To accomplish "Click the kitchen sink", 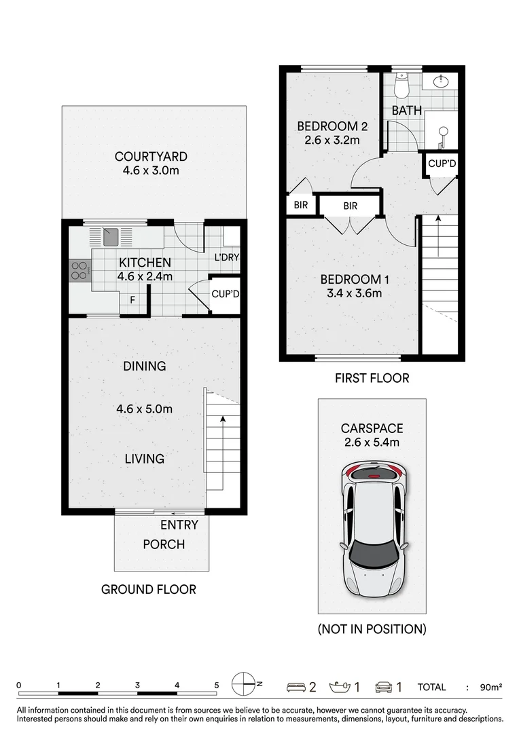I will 110,236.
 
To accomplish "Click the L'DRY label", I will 226,257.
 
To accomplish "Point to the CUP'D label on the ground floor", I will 225,295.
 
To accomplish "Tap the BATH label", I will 407,110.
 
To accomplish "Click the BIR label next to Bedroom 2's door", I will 300,206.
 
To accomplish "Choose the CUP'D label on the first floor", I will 442,164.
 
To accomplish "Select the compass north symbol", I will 243,684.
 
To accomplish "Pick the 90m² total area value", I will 490,688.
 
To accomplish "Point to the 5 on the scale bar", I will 217,685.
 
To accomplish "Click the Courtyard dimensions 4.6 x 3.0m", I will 151,170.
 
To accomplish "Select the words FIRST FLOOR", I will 372,378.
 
